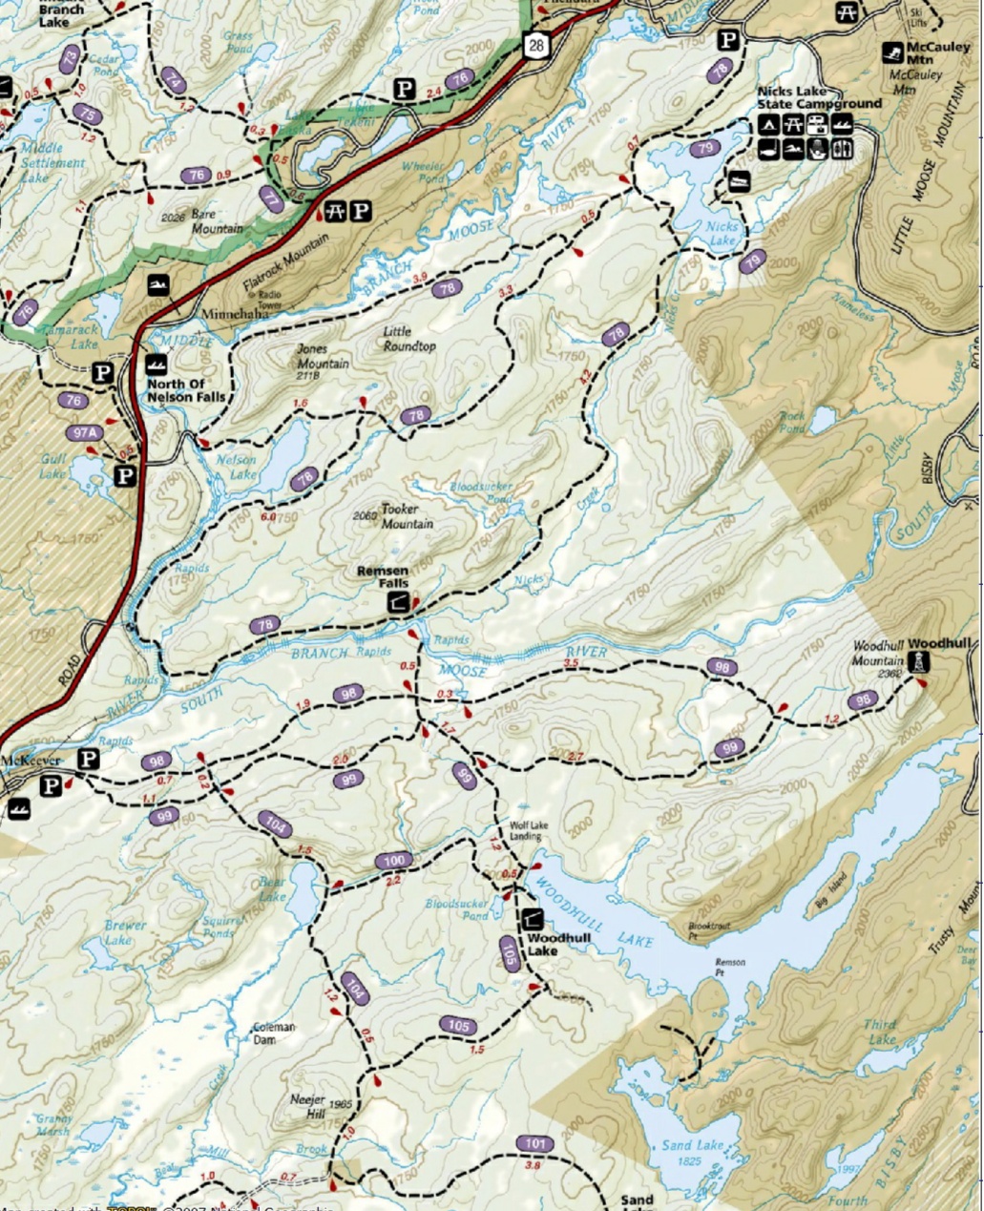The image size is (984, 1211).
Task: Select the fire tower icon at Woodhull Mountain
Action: click(x=918, y=662)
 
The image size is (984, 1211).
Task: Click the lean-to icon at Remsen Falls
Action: click(x=398, y=602)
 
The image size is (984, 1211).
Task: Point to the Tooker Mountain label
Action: click(x=407, y=517)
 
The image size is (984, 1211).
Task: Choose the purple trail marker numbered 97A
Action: click(x=84, y=432)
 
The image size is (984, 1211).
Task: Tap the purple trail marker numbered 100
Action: click(x=392, y=861)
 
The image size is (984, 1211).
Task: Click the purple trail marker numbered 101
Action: click(x=534, y=1143)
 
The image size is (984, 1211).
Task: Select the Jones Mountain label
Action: click(x=323, y=357)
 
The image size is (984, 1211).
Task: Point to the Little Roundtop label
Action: click(x=408, y=339)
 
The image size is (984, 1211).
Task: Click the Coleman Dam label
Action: click(x=274, y=1033)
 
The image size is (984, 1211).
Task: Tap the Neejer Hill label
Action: click(x=308, y=1106)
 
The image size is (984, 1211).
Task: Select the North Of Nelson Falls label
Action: click(x=186, y=390)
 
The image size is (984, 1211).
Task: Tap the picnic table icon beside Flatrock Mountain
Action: click(x=335, y=210)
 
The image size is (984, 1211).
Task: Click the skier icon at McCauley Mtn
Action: click(x=894, y=52)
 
